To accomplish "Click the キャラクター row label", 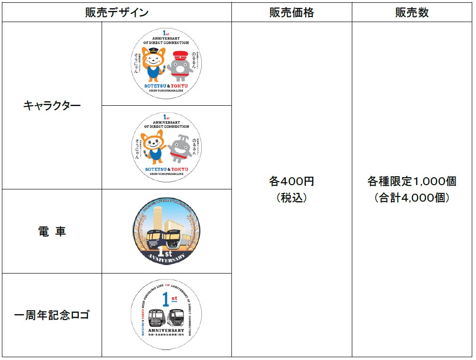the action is pyautogui.click(x=52, y=106).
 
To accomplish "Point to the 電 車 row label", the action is pyautogui.click(x=52, y=231).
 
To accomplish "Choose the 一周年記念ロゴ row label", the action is pyautogui.click(x=52, y=315).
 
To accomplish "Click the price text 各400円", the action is pyautogui.click(x=292, y=181).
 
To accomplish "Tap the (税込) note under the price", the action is pyautogui.click(x=292, y=198).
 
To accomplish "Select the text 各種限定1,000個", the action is pyautogui.click(x=412, y=181).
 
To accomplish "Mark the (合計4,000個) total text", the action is pyautogui.click(x=412, y=198).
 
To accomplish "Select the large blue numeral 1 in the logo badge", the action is pyautogui.click(x=164, y=299).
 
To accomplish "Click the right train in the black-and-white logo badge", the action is pyautogui.click(x=177, y=318).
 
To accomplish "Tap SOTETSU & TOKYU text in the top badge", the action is pyautogui.click(x=166, y=86).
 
